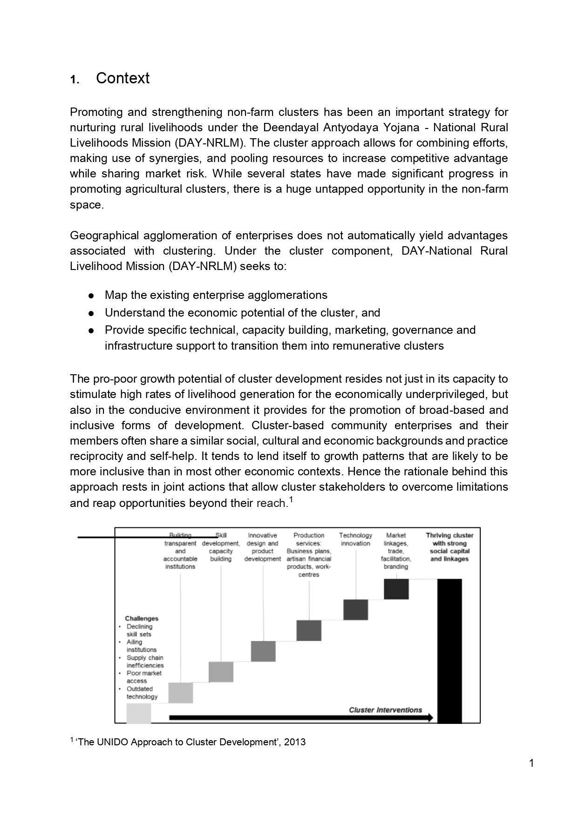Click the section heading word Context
coord(122,78)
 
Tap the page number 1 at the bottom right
coord(531,763)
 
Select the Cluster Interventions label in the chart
coord(385,710)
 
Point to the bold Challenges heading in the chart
coord(142,619)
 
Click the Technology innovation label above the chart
coord(355,540)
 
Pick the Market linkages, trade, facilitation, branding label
coord(396,551)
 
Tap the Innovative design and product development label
coord(263,547)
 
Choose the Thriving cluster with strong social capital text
coord(449,547)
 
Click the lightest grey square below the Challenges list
coord(139,713)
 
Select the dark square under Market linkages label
coord(396,589)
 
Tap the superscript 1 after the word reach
coord(291,500)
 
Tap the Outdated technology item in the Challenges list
coord(142,693)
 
